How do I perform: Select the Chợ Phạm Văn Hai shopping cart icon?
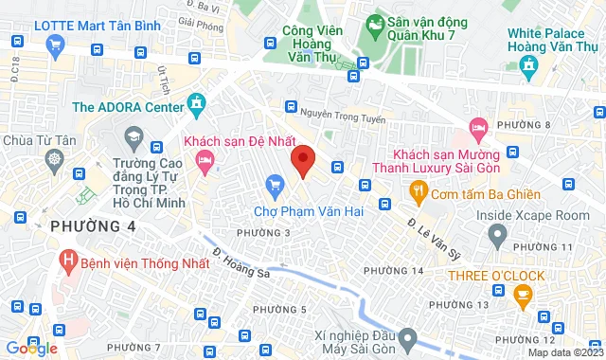tap(276, 183)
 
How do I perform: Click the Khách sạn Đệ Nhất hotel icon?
tap(205, 163)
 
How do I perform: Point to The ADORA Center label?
tap(128, 107)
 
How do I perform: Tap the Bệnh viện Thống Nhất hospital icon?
tap(67, 259)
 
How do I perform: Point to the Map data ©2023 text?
tap(563, 352)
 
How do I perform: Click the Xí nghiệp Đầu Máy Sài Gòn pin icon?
tap(408, 337)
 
